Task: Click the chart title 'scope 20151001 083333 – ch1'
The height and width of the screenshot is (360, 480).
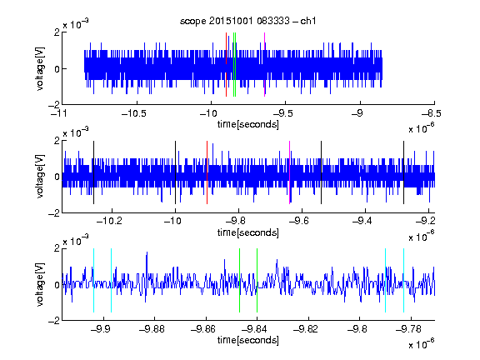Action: point(248,21)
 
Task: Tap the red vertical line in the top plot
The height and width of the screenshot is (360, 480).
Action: point(226,65)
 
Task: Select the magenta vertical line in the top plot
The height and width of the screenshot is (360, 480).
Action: point(264,65)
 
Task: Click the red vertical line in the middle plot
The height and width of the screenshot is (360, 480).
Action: point(207,172)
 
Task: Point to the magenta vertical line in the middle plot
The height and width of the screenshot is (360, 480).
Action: point(290,172)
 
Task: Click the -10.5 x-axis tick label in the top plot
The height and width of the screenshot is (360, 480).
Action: point(134,113)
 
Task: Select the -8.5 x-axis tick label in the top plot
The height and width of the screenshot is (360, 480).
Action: point(432,113)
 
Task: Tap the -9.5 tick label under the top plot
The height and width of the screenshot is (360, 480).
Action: point(282,113)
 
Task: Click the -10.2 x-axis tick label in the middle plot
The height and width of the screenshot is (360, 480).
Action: point(109,220)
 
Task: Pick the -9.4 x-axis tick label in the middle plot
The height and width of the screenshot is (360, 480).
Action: point(362,220)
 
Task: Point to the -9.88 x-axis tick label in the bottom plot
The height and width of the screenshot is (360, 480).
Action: point(152,329)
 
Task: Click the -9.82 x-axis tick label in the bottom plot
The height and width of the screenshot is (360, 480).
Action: point(306,329)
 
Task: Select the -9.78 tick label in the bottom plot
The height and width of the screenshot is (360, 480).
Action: point(408,329)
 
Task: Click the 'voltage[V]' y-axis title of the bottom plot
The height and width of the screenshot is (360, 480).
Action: point(40,284)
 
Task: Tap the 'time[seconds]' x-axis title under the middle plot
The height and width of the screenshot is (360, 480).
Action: point(248,232)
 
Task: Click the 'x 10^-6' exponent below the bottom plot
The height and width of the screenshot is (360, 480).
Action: point(422,343)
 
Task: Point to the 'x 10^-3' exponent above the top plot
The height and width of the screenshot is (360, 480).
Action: point(76,23)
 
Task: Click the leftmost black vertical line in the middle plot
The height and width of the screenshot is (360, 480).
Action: point(93,172)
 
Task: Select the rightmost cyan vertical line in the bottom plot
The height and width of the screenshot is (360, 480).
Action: point(404,280)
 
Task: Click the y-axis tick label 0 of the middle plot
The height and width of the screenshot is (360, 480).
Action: point(57,177)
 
